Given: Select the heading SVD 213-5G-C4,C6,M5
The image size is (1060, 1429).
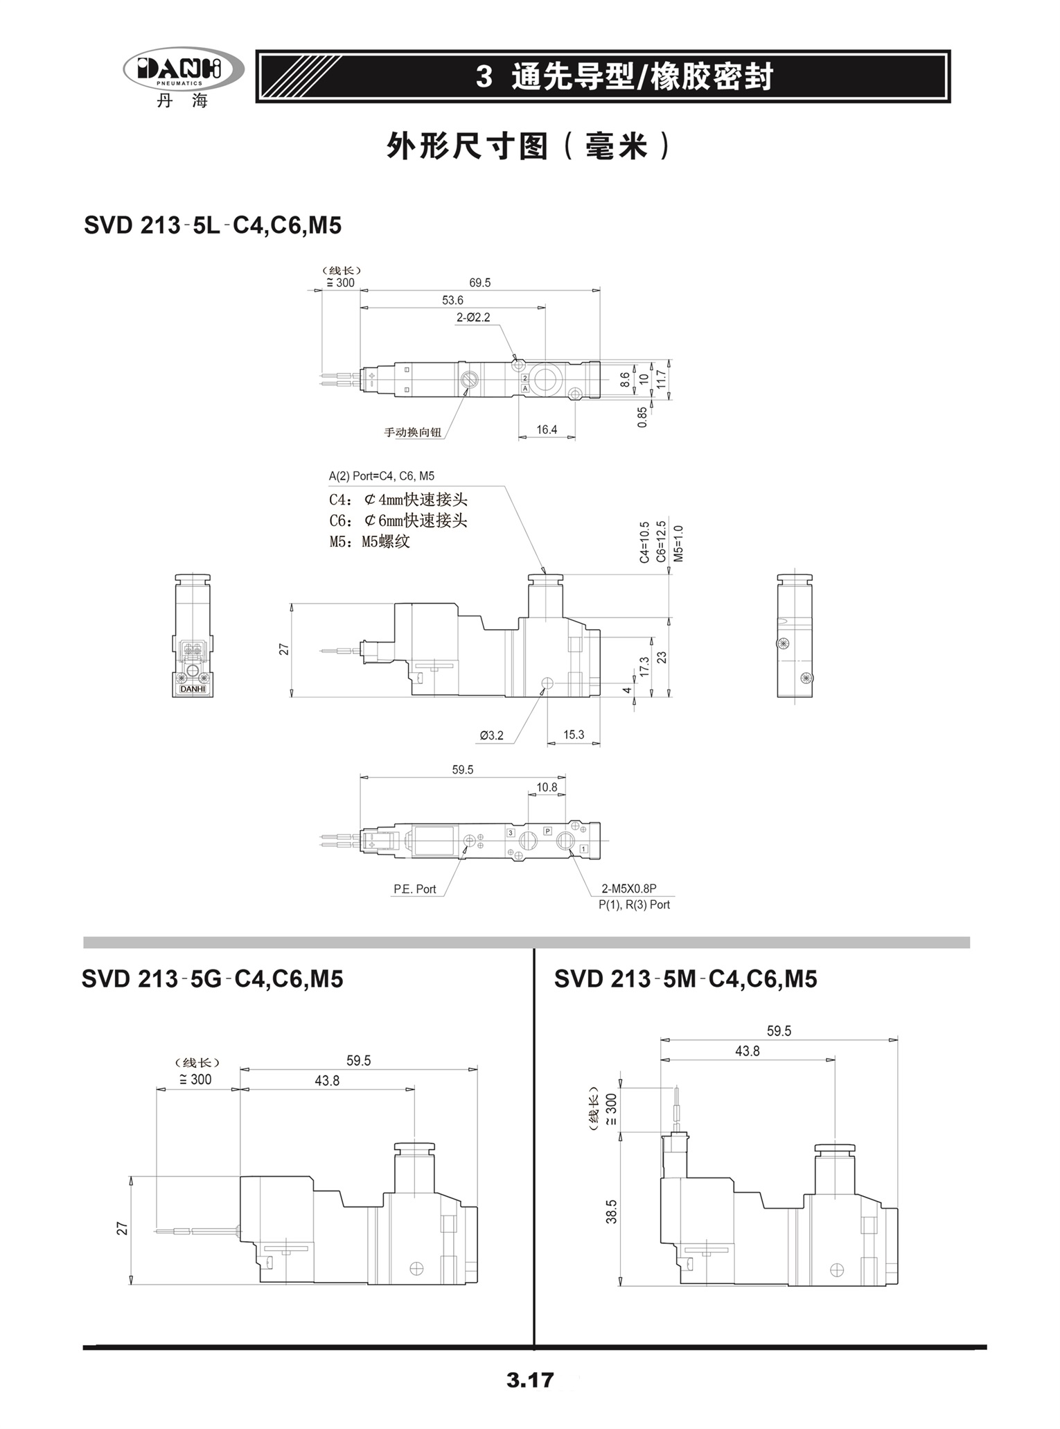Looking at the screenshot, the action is click(212, 979).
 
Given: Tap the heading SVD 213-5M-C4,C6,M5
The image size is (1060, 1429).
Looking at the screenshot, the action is click(685, 979).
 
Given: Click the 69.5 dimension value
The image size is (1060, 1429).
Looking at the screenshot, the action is click(479, 283).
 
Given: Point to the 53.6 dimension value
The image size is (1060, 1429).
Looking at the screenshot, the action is click(452, 300).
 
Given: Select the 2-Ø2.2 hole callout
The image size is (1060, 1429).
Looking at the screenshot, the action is click(472, 317).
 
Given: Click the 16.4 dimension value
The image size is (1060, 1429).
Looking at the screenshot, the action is click(547, 430).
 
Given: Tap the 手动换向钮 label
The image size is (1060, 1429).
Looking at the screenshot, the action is click(413, 432).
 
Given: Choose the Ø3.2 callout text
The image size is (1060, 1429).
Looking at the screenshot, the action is click(492, 735).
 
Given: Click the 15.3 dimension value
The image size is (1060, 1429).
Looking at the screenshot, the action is click(574, 735).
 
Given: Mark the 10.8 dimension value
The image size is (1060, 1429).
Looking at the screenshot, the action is click(547, 787).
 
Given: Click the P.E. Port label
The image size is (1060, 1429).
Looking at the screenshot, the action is click(415, 889).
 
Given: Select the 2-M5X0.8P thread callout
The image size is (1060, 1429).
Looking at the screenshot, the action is click(628, 889).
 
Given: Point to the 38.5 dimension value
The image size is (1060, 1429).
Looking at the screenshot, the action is click(611, 1211).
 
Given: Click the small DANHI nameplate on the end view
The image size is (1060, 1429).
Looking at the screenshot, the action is click(193, 689).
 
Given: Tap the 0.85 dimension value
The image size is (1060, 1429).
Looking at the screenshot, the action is click(642, 417).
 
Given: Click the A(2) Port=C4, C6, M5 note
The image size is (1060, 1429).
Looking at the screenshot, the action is click(382, 476).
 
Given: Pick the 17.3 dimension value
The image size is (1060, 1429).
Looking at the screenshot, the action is click(644, 667).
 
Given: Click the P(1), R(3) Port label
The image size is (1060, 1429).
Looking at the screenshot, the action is click(634, 904).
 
